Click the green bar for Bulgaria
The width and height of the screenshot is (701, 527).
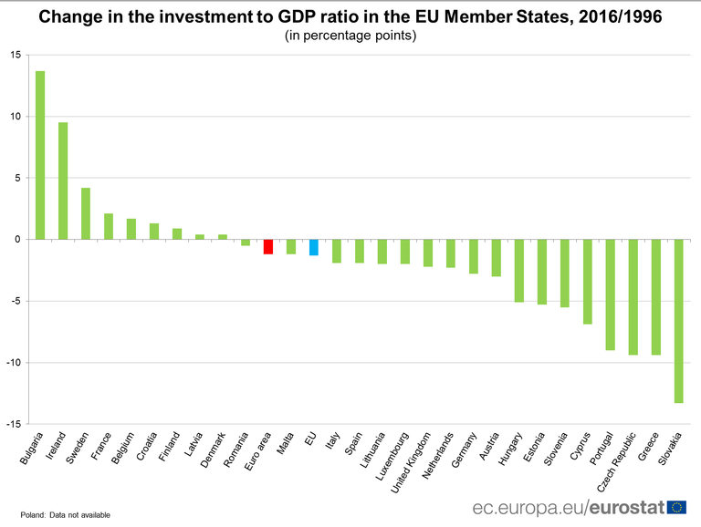point(40,155)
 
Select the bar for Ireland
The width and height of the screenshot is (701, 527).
point(63,181)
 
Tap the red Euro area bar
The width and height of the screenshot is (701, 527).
point(268,246)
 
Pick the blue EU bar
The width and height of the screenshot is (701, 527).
point(314,247)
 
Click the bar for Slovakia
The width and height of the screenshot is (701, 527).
point(678,321)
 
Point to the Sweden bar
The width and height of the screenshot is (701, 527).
point(86,213)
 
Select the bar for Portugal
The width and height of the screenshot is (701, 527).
point(610,294)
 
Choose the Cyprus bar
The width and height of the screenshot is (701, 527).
point(587,282)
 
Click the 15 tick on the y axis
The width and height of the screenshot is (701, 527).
point(16,55)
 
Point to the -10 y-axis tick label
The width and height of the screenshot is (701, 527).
point(14,363)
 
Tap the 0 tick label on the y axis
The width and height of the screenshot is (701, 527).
point(18,240)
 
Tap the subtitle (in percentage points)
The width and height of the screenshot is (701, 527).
point(350,36)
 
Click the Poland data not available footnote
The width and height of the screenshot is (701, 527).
point(65,515)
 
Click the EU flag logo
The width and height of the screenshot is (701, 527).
point(676,507)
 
